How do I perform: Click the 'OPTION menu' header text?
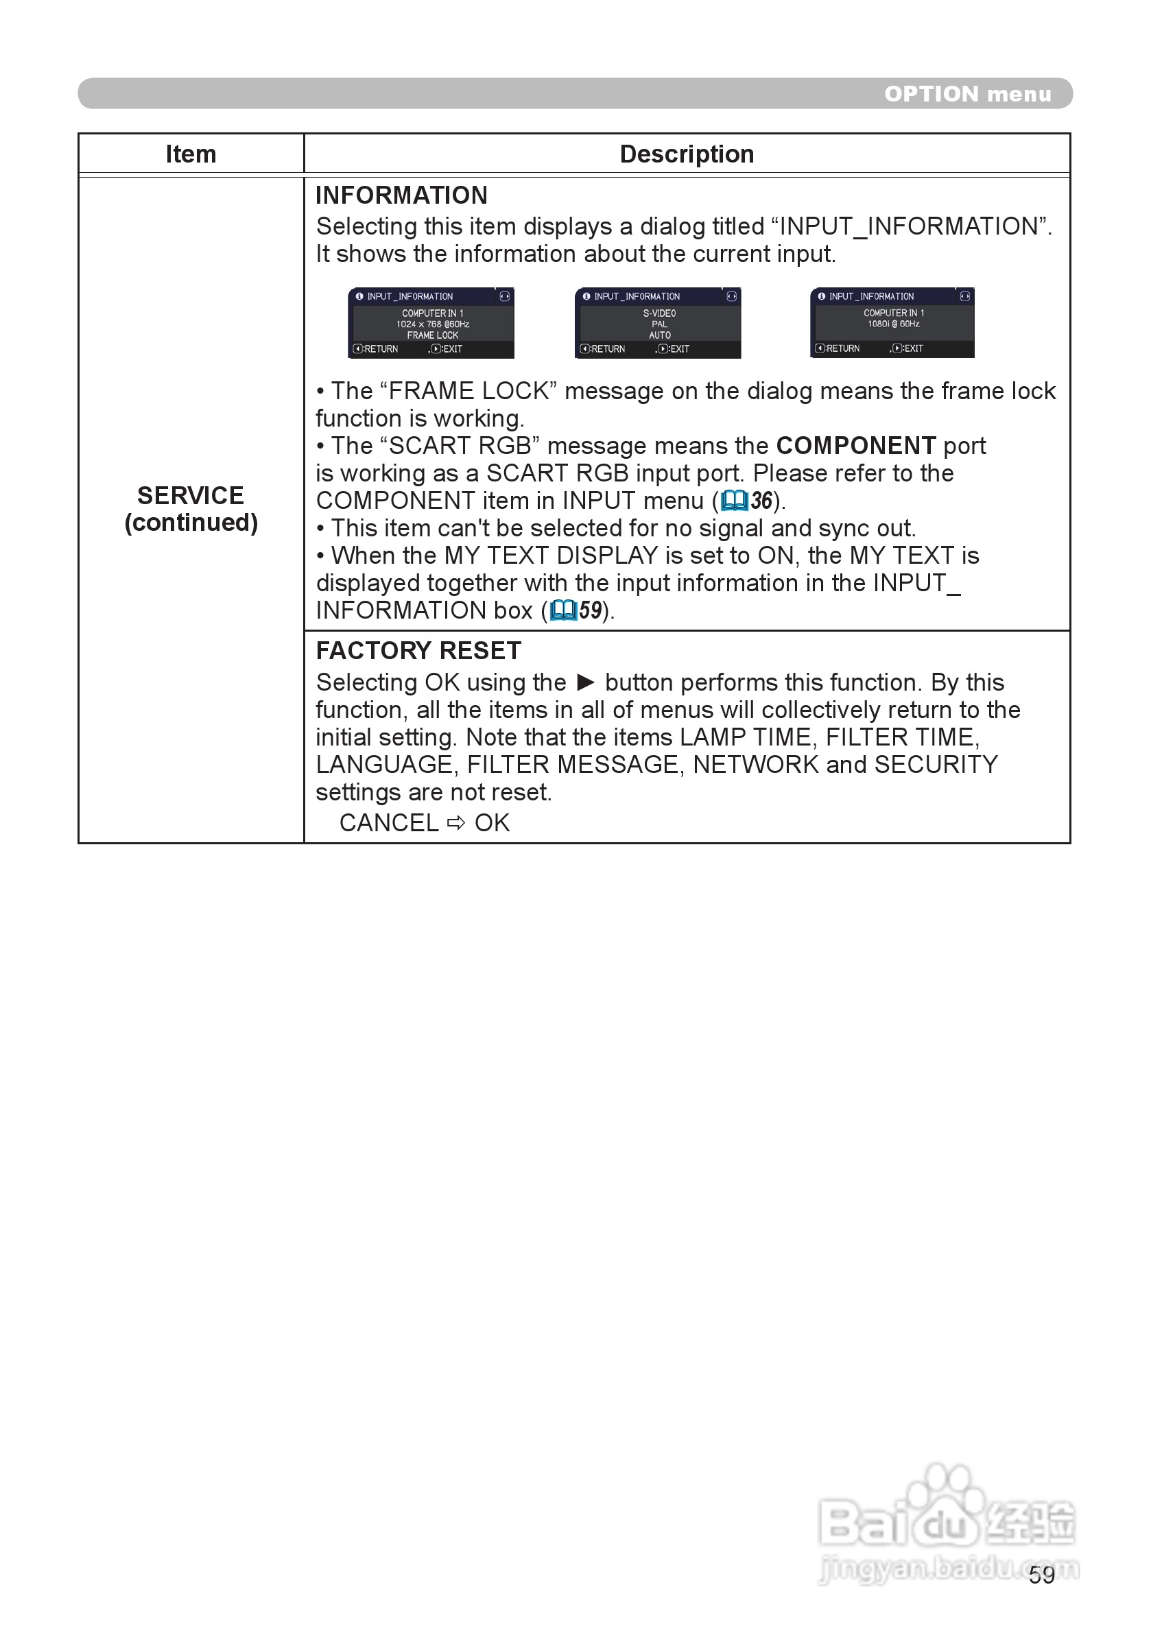coord(966,94)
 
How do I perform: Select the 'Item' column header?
coord(191,154)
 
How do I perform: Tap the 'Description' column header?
coord(687,154)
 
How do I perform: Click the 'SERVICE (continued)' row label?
coord(191,508)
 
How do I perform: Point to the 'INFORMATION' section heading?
coord(401,195)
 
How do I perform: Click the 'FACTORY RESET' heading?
coord(418,650)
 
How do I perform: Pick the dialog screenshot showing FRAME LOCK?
coord(431,323)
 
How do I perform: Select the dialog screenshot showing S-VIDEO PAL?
coord(658,323)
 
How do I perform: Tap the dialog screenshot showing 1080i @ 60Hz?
coord(892,323)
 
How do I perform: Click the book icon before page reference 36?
coord(734,501)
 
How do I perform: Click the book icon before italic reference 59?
coord(562,610)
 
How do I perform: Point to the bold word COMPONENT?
coord(856,446)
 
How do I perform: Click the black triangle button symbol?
coord(586,683)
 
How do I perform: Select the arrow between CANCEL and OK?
coord(456,823)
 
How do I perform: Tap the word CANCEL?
coord(388,823)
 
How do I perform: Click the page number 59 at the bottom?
coord(1041,1575)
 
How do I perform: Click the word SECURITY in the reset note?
coord(936,765)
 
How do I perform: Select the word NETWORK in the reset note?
coord(755,765)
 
